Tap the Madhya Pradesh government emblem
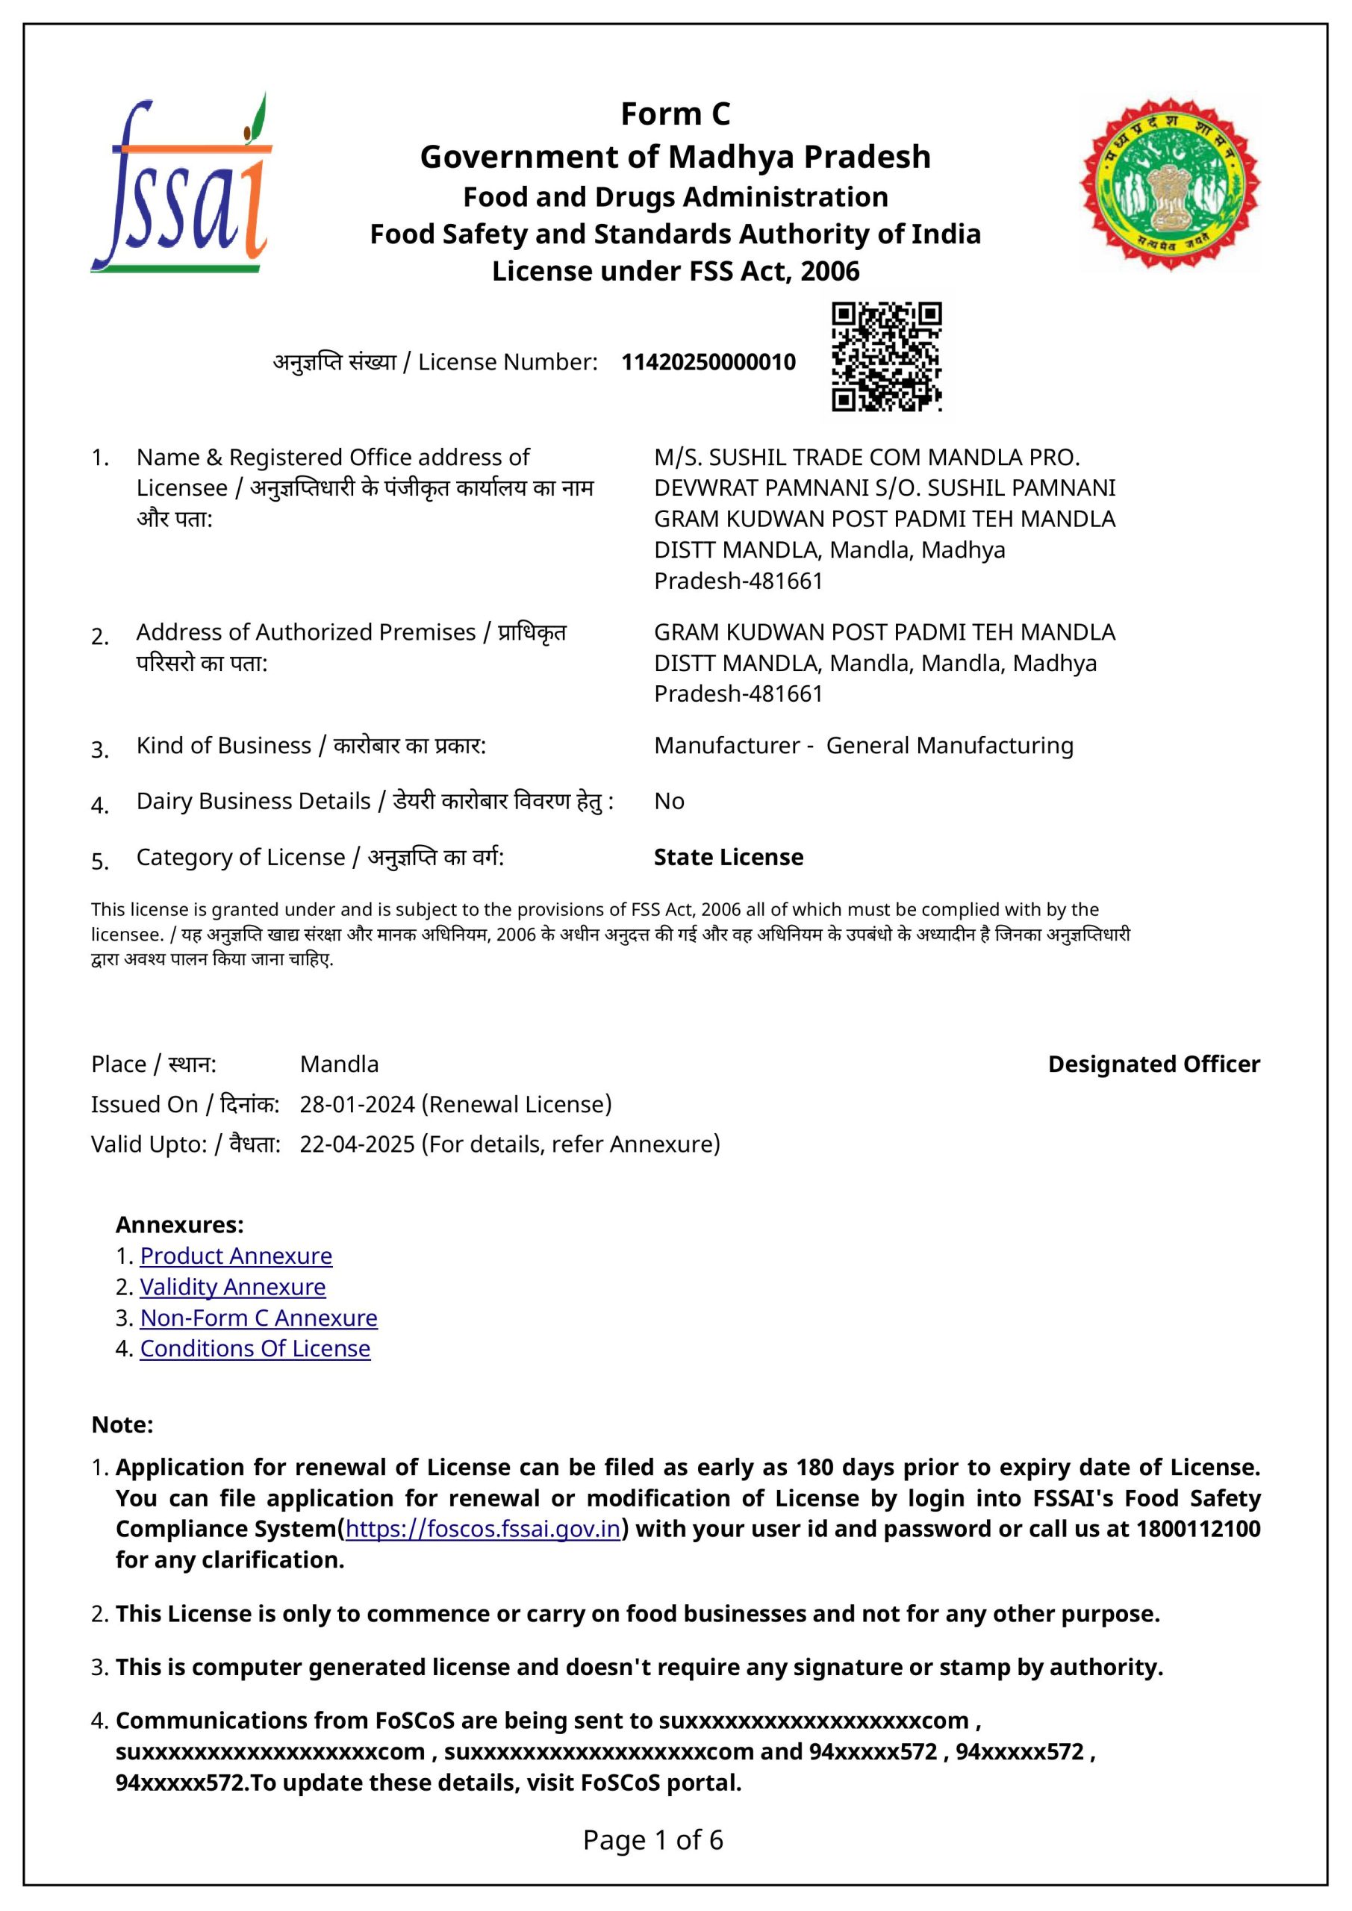(x=1170, y=184)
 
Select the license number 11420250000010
(x=708, y=362)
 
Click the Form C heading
(x=675, y=114)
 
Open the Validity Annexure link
(x=232, y=1287)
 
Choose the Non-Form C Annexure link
(x=258, y=1318)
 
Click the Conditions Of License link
(x=255, y=1348)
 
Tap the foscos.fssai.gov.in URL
(x=483, y=1529)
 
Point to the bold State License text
(x=729, y=857)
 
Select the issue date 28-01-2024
(x=357, y=1105)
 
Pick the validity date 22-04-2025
(x=357, y=1144)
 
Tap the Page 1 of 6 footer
(x=652, y=1839)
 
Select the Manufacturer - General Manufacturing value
(x=863, y=745)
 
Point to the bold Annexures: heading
(x=180, y=1224)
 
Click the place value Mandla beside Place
(x=339, y=1064)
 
